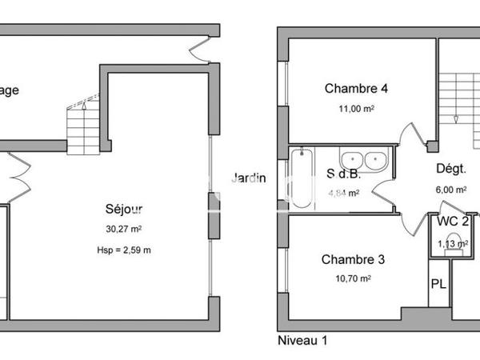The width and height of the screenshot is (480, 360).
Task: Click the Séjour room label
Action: [125, 210]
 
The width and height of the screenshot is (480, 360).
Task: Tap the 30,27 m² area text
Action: [125, 229]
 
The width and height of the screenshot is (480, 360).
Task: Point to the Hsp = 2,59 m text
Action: [125, 249]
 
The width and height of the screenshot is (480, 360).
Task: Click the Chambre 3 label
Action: [353, 259]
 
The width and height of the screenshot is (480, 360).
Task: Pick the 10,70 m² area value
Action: [353, 278]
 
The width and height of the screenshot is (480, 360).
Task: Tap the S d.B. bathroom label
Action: [342, 174]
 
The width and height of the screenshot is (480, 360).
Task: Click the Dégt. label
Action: [451, 169]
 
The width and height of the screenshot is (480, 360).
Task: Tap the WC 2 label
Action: [452, 222]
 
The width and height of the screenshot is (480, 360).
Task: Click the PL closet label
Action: [438, 284]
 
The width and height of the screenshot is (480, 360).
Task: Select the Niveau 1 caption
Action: [302, 340]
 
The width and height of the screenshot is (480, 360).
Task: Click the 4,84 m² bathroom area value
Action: [343, 193]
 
